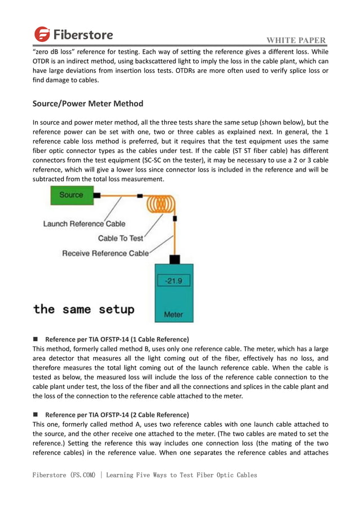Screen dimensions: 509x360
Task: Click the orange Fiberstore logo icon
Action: (x=42, y=34)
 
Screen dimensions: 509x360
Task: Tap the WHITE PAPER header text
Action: (x=296, y=41)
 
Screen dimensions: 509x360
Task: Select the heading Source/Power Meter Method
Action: (x=88, y=104)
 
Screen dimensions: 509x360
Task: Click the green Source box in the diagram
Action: (x=71, y=195)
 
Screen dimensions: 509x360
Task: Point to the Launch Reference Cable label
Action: (x=84, y=224)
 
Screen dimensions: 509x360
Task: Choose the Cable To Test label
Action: (x=121, y=238)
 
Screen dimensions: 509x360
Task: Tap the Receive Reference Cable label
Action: (x=106, y=253)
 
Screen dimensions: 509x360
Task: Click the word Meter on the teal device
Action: (x=173, y=314)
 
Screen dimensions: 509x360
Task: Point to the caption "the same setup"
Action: (x=84, y=309)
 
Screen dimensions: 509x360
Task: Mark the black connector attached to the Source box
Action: (x=97, y=195)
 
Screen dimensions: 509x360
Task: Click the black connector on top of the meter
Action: (x=175, y=259)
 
